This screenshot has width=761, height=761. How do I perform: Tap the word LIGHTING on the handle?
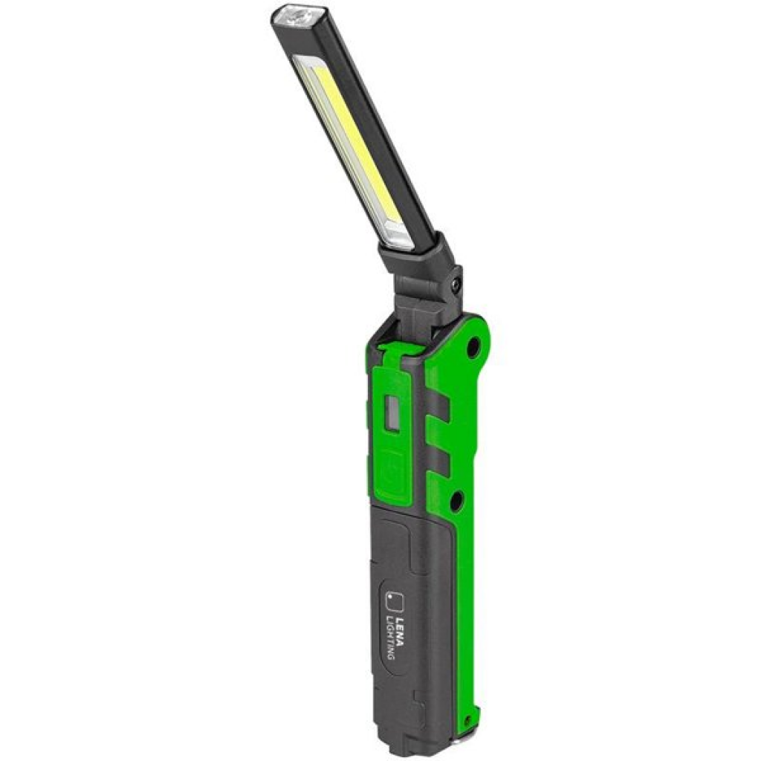tap(389, 637)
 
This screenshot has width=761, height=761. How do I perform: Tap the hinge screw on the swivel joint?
tap(456, 285)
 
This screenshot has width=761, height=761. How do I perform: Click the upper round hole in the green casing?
tap(473, 347)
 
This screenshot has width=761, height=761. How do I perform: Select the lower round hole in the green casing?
tap(456, 502)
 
